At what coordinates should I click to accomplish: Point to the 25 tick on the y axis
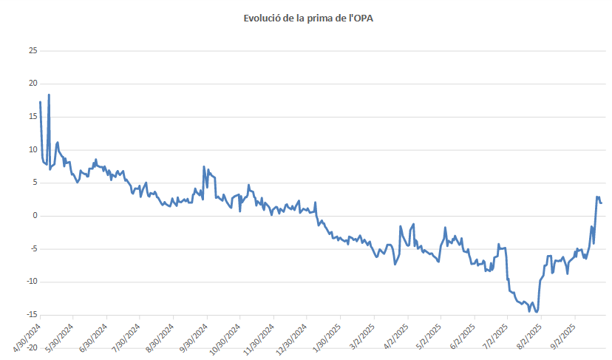33,51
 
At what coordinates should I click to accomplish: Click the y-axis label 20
33,84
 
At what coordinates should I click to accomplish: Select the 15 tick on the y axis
33,117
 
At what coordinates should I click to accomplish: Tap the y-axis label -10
30,282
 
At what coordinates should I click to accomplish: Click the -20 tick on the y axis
30,347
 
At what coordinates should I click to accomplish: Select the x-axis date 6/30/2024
94,334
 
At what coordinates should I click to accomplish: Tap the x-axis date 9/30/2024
194,334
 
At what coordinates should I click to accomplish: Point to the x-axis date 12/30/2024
293,334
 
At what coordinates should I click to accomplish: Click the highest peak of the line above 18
49,95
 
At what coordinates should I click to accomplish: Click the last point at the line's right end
602,203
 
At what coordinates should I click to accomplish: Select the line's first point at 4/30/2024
40,102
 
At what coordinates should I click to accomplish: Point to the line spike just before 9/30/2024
203,166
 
